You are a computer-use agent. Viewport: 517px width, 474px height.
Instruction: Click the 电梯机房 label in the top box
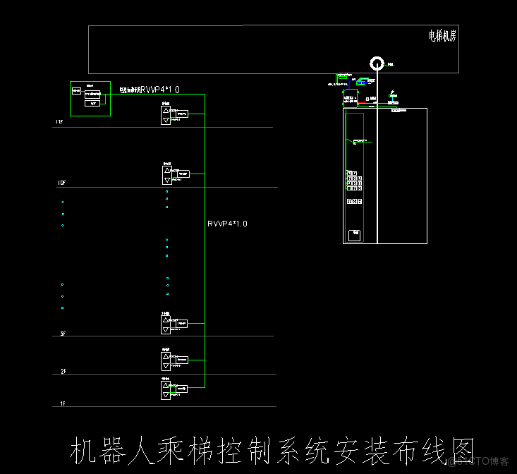(442, 36)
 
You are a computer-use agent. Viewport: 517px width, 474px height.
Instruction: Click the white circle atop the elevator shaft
(377, 64)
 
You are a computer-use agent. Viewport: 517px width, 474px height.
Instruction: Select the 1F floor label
(62, 403)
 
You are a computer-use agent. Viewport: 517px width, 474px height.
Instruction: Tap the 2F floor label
(63, 371)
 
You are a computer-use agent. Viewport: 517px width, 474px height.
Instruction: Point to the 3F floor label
(63, 333)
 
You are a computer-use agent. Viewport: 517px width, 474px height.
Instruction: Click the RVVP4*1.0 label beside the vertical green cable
(227, 224)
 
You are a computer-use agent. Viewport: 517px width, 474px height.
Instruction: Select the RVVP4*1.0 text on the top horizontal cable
(160, 90)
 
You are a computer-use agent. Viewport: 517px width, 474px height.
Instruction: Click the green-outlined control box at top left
(90, 98)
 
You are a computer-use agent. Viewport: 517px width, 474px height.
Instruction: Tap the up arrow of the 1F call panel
(166, 384)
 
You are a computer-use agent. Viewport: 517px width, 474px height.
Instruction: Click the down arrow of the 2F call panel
(166, 366)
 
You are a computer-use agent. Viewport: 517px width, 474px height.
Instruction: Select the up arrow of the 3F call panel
(166, 320)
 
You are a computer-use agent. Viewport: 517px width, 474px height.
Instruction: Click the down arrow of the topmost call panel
(166, 121)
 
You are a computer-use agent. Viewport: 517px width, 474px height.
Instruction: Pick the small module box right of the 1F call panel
(182, 389)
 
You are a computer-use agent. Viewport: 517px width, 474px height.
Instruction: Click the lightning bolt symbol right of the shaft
(392, 92)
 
